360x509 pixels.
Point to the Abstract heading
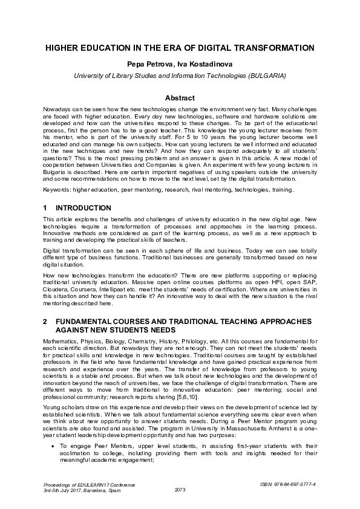coord(180,98)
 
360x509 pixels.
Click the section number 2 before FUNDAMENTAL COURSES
coord(45,322)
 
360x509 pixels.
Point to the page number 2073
coord(180,489)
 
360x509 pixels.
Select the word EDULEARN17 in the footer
coord(92,484)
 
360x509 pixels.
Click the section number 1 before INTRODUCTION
coord(45,208)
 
